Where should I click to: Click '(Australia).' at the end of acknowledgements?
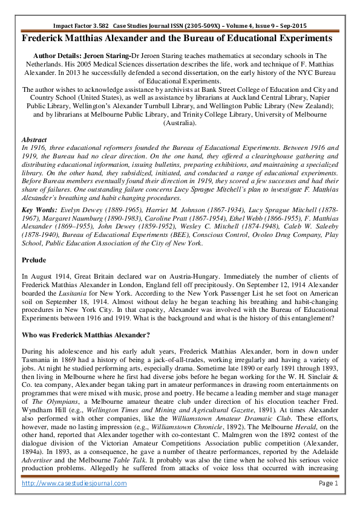[180, 123]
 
